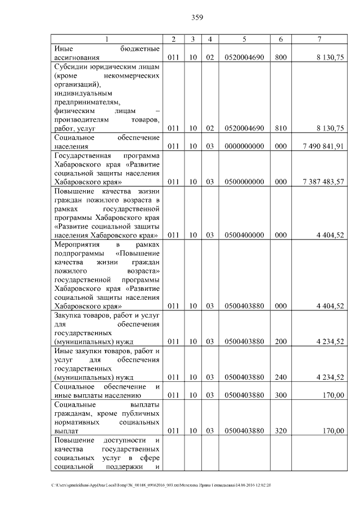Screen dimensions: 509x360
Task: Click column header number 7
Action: click(319, 39)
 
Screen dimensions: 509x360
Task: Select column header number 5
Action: click(244, 39)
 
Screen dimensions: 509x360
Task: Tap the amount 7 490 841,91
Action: click(323, 147)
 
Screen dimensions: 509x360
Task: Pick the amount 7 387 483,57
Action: click(323, 182)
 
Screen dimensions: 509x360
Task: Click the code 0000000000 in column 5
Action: click(244, 147)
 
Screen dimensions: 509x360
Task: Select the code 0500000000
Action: click(244, 182)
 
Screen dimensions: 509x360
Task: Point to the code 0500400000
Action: click(244, 235)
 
